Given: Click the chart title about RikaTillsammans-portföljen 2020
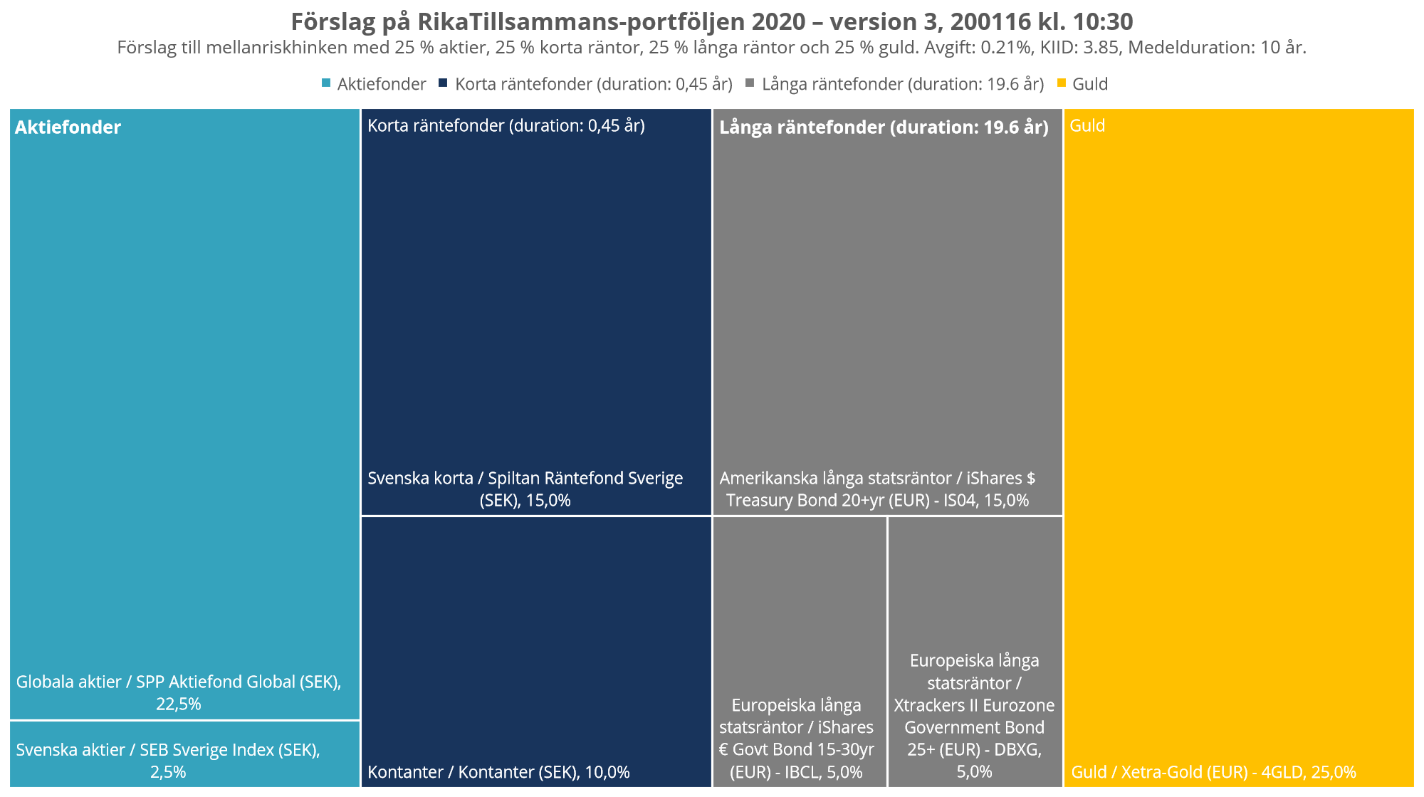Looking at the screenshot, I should tap(711, 22).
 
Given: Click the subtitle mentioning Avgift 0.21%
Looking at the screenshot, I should tap(711, 48).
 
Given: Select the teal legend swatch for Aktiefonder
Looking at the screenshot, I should tap(326, 83).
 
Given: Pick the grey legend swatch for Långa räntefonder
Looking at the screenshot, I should tap(749, 83).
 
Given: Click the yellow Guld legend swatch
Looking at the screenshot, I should tap(1061, 83).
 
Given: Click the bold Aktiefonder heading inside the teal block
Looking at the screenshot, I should tap(68, 127).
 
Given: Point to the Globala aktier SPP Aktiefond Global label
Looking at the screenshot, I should tap(179, 682).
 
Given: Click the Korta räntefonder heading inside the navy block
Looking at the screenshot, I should tap(506, 126).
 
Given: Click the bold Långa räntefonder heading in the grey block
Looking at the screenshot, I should tap(884, 127).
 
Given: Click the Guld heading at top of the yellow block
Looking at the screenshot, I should tap(1087, 126).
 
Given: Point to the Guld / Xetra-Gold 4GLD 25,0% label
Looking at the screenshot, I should tap(1213, 772).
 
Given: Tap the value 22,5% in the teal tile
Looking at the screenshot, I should tap(179, 704).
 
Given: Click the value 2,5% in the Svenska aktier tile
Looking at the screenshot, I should tap(168, 772).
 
